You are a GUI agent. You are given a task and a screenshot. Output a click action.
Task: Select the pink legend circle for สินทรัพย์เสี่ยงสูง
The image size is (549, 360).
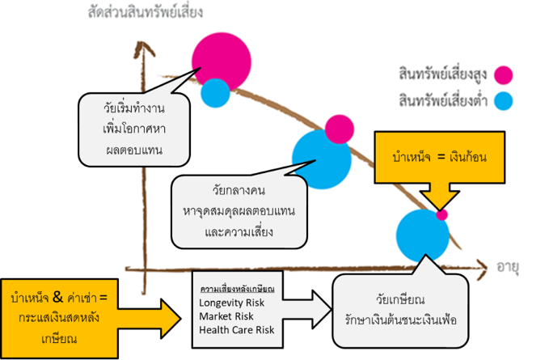point(504,75)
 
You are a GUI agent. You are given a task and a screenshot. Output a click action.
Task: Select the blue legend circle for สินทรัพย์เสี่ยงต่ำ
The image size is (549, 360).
point(504,101)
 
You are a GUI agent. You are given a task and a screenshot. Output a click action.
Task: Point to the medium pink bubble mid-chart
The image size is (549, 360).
point(340,129)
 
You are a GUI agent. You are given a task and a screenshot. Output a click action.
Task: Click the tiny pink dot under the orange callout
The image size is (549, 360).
point(441,215)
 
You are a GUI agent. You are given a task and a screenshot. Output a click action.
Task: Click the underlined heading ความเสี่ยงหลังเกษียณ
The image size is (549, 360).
point(237,288)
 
